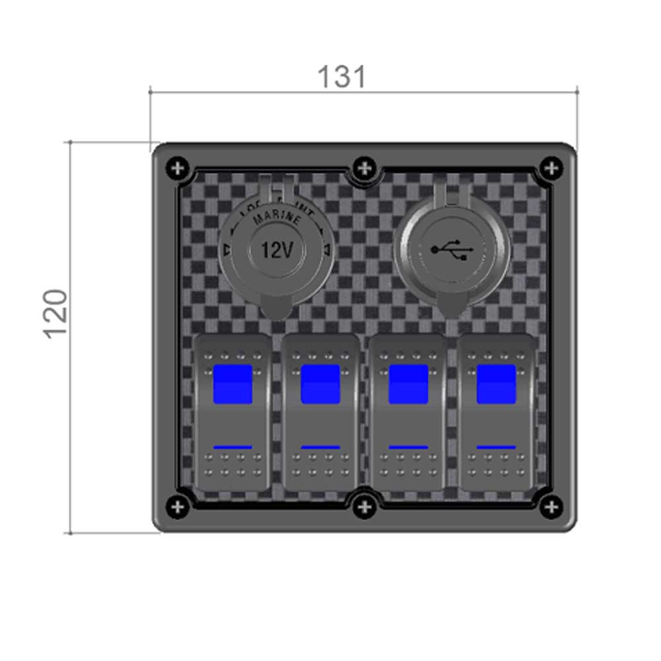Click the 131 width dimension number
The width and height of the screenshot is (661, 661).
point(341,77)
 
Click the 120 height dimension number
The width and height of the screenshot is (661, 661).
point(56,313)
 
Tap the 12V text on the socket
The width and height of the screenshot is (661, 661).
point(277,250)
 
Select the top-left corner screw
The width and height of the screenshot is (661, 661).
point(177,168)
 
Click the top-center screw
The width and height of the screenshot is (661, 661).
point(364,168)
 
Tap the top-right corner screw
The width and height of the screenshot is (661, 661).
point(551,168)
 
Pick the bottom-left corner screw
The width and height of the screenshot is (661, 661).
point(177,507)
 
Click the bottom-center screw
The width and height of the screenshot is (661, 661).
point(364,507)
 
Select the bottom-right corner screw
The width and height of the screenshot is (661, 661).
point(551,507)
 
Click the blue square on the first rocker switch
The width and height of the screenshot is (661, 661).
point(232,384)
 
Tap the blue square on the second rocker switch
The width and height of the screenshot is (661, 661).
point(320,384)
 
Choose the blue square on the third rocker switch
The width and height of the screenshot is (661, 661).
point(408,384)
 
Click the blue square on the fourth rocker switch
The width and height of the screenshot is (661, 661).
point(496,384)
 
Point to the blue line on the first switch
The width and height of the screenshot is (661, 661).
point(232,447)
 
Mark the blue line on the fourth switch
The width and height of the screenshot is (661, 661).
point(496,447)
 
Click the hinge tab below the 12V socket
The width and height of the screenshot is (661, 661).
point(277,307)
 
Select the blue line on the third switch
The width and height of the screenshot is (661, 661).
point(408,447)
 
